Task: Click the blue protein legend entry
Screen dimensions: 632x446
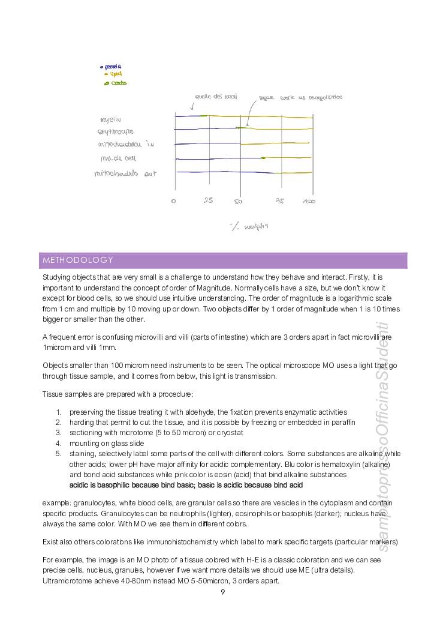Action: pyautogui.click(x=112, y=67)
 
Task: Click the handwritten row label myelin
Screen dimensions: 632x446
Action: pyautogui.click(x=111, y=119)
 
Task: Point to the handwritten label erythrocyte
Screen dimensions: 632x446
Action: pyautogui.click(x=116, y=131)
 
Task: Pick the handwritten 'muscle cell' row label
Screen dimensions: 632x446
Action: pyautogui.click(x=119, y=159)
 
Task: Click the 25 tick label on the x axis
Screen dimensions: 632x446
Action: pyautogui.click(x=208, y=200)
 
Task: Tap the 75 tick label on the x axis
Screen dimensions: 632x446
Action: pyautogui.click(x=280, y=201)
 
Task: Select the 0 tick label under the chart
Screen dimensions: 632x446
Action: pyautogui.click(x=173, y=201)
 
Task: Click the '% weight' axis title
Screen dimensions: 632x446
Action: pyautogui.click(x=249, y=226)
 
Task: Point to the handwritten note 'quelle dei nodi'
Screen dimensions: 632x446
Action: pyautogui.click(x=216, y=96)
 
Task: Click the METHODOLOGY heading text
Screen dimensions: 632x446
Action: pyautogui.click(x=78, y=260)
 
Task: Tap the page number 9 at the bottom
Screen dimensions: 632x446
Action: pyautogui.click(x=222, y=592)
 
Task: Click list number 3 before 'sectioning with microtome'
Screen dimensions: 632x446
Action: pyautogui.click(x=59, y=433)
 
